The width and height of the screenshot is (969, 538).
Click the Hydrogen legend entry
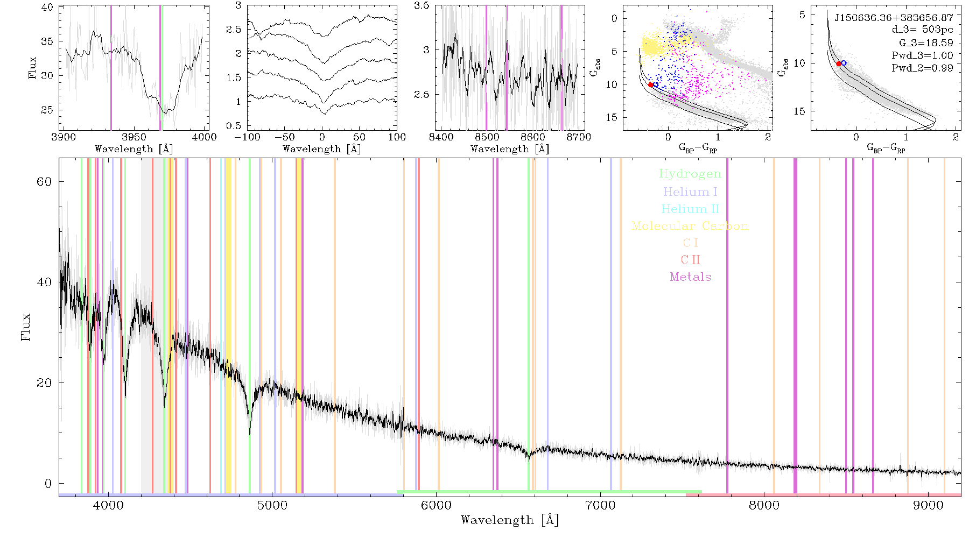point(690,174)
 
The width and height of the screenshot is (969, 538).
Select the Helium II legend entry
point(690,209)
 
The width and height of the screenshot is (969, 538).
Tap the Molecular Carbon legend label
point(690,226)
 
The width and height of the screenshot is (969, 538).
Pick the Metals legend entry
point(690,277)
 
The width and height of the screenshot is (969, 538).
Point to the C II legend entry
point(690,260)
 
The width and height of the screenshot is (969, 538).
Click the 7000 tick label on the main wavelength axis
point(600,506)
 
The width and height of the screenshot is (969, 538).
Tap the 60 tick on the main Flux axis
point(44,182)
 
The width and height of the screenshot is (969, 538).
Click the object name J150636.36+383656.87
point(894,18)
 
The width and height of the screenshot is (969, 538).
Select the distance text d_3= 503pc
point(922,30)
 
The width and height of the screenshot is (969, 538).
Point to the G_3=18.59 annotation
point(926,43)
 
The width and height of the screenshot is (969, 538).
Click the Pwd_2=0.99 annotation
point(922,68)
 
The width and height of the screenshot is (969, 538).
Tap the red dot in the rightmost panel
point(839,64)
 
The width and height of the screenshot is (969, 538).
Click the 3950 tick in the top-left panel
point(134,137)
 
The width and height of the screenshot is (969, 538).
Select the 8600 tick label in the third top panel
point(533,137)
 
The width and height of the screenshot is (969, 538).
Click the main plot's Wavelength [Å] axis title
point(510,520)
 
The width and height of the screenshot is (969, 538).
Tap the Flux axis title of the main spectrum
point(25,327)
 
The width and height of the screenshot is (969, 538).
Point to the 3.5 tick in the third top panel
point(423,6)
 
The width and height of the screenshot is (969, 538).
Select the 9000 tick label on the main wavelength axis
point(928,506)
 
